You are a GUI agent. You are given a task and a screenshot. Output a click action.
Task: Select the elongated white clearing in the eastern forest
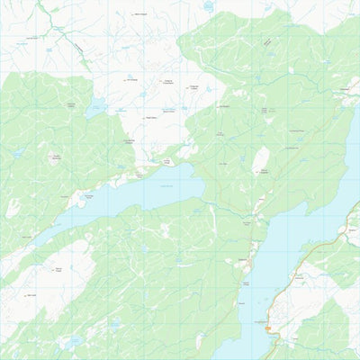click(x=260, y=160)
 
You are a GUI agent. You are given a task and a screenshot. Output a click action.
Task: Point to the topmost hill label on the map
click(x=138, y=14)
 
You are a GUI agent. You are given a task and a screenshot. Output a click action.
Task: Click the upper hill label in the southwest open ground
click(x=57, y=269)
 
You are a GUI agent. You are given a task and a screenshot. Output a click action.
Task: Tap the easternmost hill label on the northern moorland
click(x=193, y=87)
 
